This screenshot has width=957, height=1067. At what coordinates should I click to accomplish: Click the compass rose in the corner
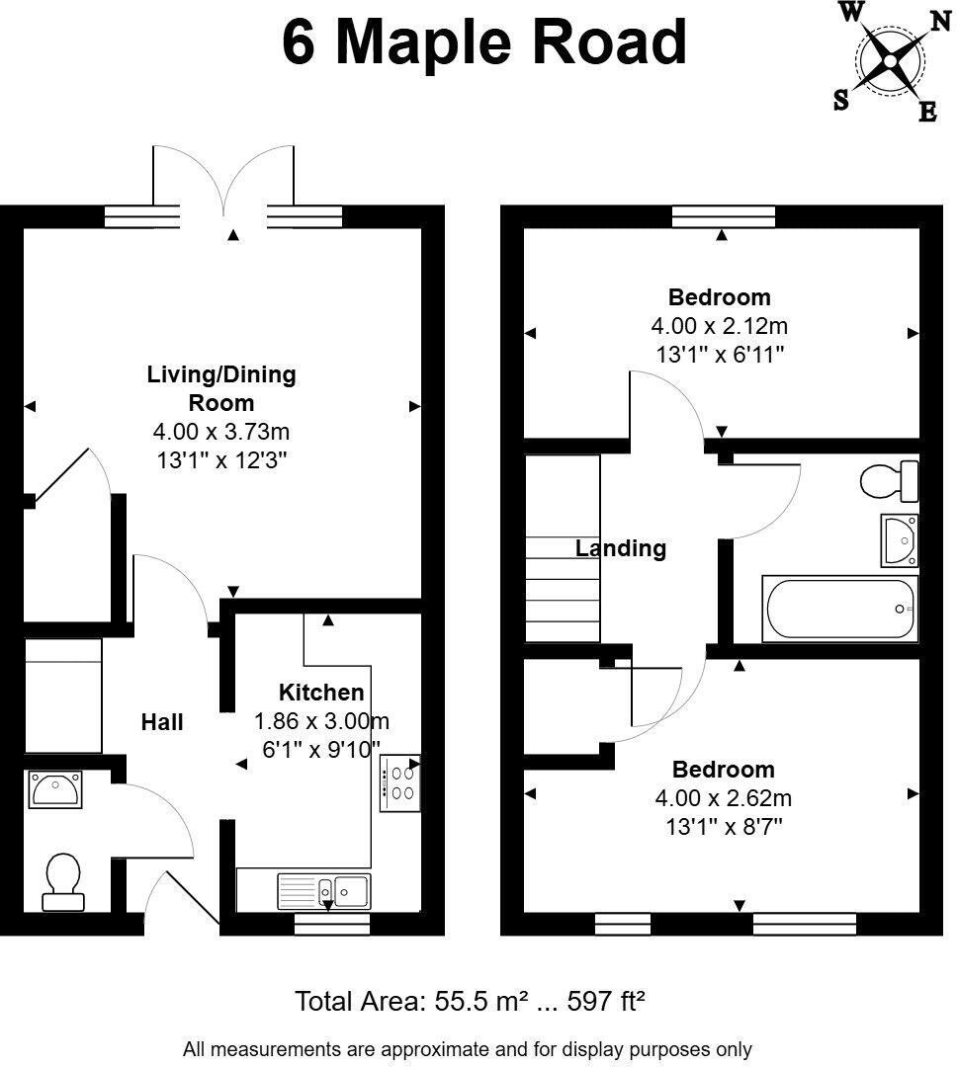[889, 61]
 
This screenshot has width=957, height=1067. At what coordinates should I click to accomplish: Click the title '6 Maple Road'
[484, 43]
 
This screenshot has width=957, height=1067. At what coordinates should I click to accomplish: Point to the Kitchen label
[321, 693]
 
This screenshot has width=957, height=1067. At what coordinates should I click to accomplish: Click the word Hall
[162, 723]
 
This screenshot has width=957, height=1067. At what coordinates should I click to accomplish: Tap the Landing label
[621, 548]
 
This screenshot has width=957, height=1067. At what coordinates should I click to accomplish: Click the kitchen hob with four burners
[400, 782]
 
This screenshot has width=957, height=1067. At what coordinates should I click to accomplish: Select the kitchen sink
[324, 890]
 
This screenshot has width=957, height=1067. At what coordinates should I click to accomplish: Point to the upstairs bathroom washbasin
[900, 540]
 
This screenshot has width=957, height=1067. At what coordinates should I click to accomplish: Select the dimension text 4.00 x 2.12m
[719, 325]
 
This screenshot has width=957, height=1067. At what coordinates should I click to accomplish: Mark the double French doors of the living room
[223, 189]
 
